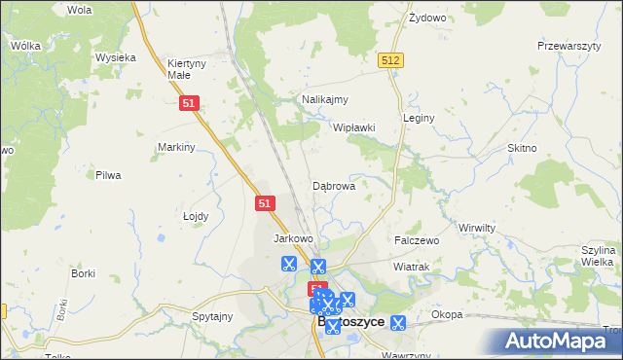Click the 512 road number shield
tap(391, 60)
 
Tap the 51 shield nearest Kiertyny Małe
tap(190, 102)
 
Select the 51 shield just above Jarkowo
tap(267, 203)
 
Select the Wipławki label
tap(354, 127)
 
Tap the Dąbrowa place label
tap(333, 185)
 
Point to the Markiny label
tap(177, 147)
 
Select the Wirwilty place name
tap(477, 226)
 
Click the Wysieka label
tap(115, 57)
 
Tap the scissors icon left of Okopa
tap(397, 322)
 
